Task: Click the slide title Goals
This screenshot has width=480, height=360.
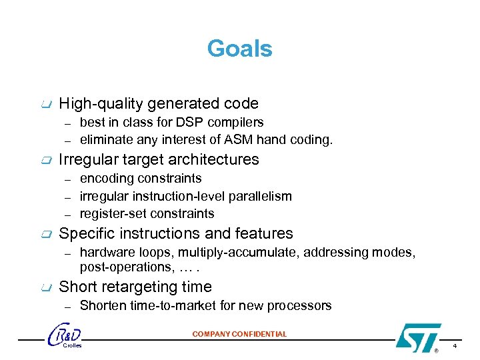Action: (239, 49)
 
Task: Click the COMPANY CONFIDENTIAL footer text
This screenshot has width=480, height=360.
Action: (239, 334)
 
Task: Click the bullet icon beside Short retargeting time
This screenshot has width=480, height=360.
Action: (45, 287)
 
